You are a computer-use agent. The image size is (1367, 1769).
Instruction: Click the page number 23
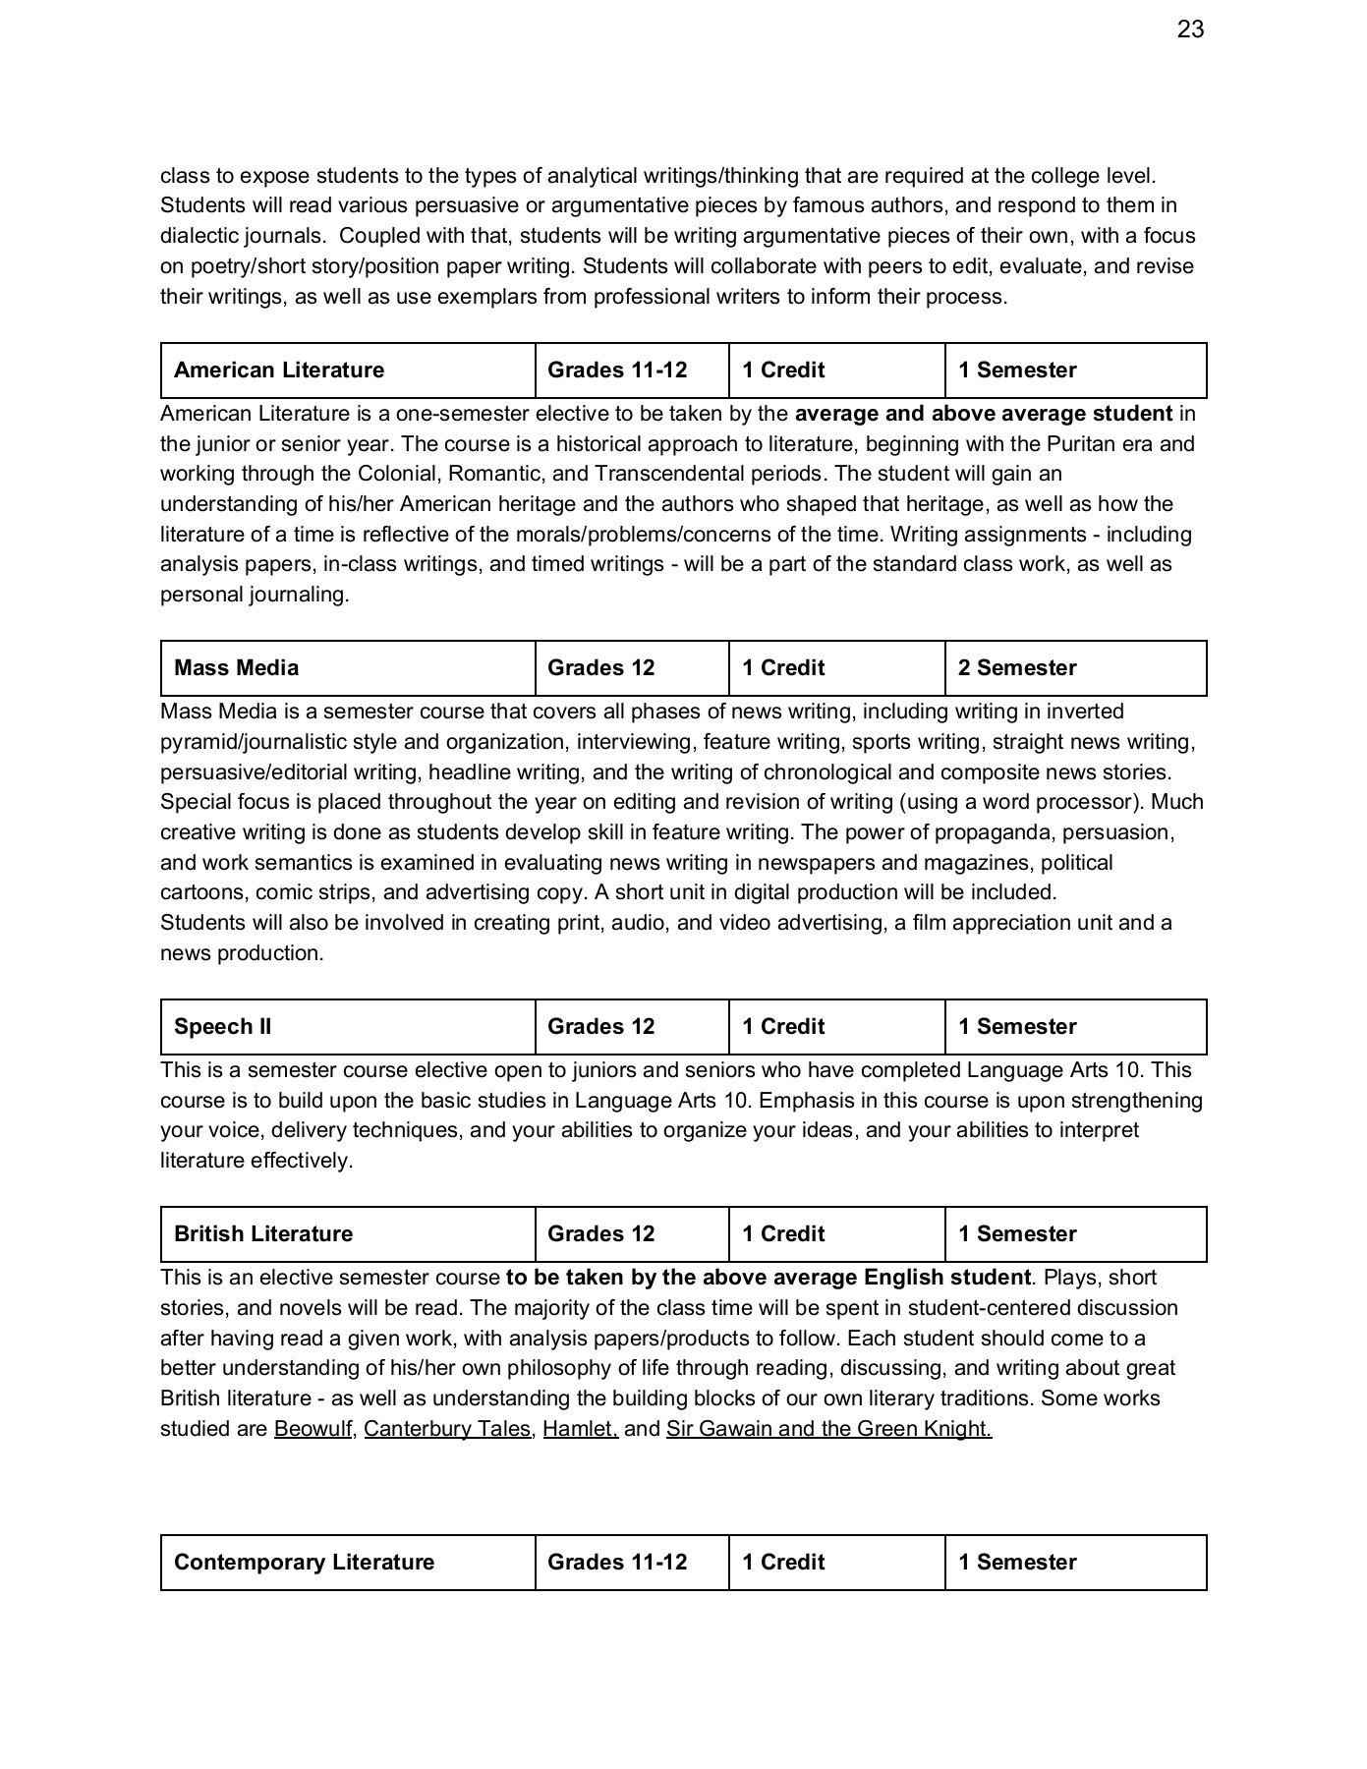pyautogui.click(x=1190, y=30)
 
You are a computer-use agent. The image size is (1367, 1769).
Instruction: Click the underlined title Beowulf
pyautogui.click(x=313, y=1429)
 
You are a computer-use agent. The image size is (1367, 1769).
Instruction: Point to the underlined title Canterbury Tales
pyautogui.click(x=447, y=1429)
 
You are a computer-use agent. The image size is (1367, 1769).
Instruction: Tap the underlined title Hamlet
pyautogui.click(x=579, y=1429)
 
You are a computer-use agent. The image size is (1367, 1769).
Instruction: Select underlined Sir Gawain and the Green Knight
pyautogui.click(x=828, y=1429)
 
